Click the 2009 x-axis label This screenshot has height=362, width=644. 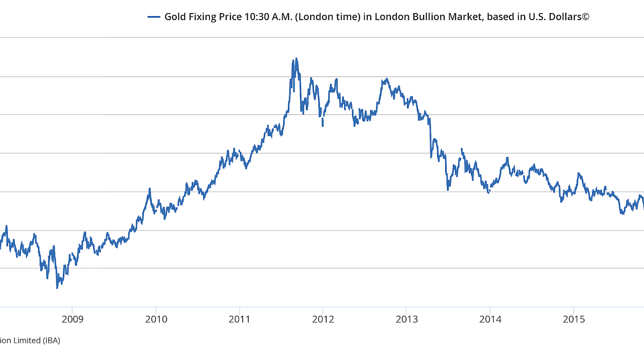point(72,319)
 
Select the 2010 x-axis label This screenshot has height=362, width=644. point(156,319)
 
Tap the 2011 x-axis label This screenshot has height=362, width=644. point(239,319)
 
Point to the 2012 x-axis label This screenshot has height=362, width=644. point(323,319)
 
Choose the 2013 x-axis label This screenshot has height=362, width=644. point(407,319)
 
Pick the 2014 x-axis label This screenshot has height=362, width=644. point(490,319)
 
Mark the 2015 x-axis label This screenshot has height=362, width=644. point(574,319)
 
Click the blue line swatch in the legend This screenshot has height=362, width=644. point(154,17)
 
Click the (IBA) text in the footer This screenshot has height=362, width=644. point(52,341)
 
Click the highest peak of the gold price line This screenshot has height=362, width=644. point(296,59)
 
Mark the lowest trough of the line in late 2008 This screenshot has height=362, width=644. point(57,287)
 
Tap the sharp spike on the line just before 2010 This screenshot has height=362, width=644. point(149,189)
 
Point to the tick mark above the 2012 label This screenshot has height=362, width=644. point(323,310)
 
